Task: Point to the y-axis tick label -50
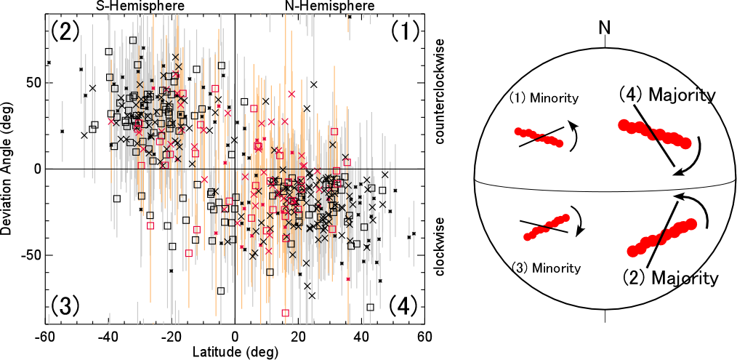tap(28, 255)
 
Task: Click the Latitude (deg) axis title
tap(235, 352)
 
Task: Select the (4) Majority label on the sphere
tap(667, 95)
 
